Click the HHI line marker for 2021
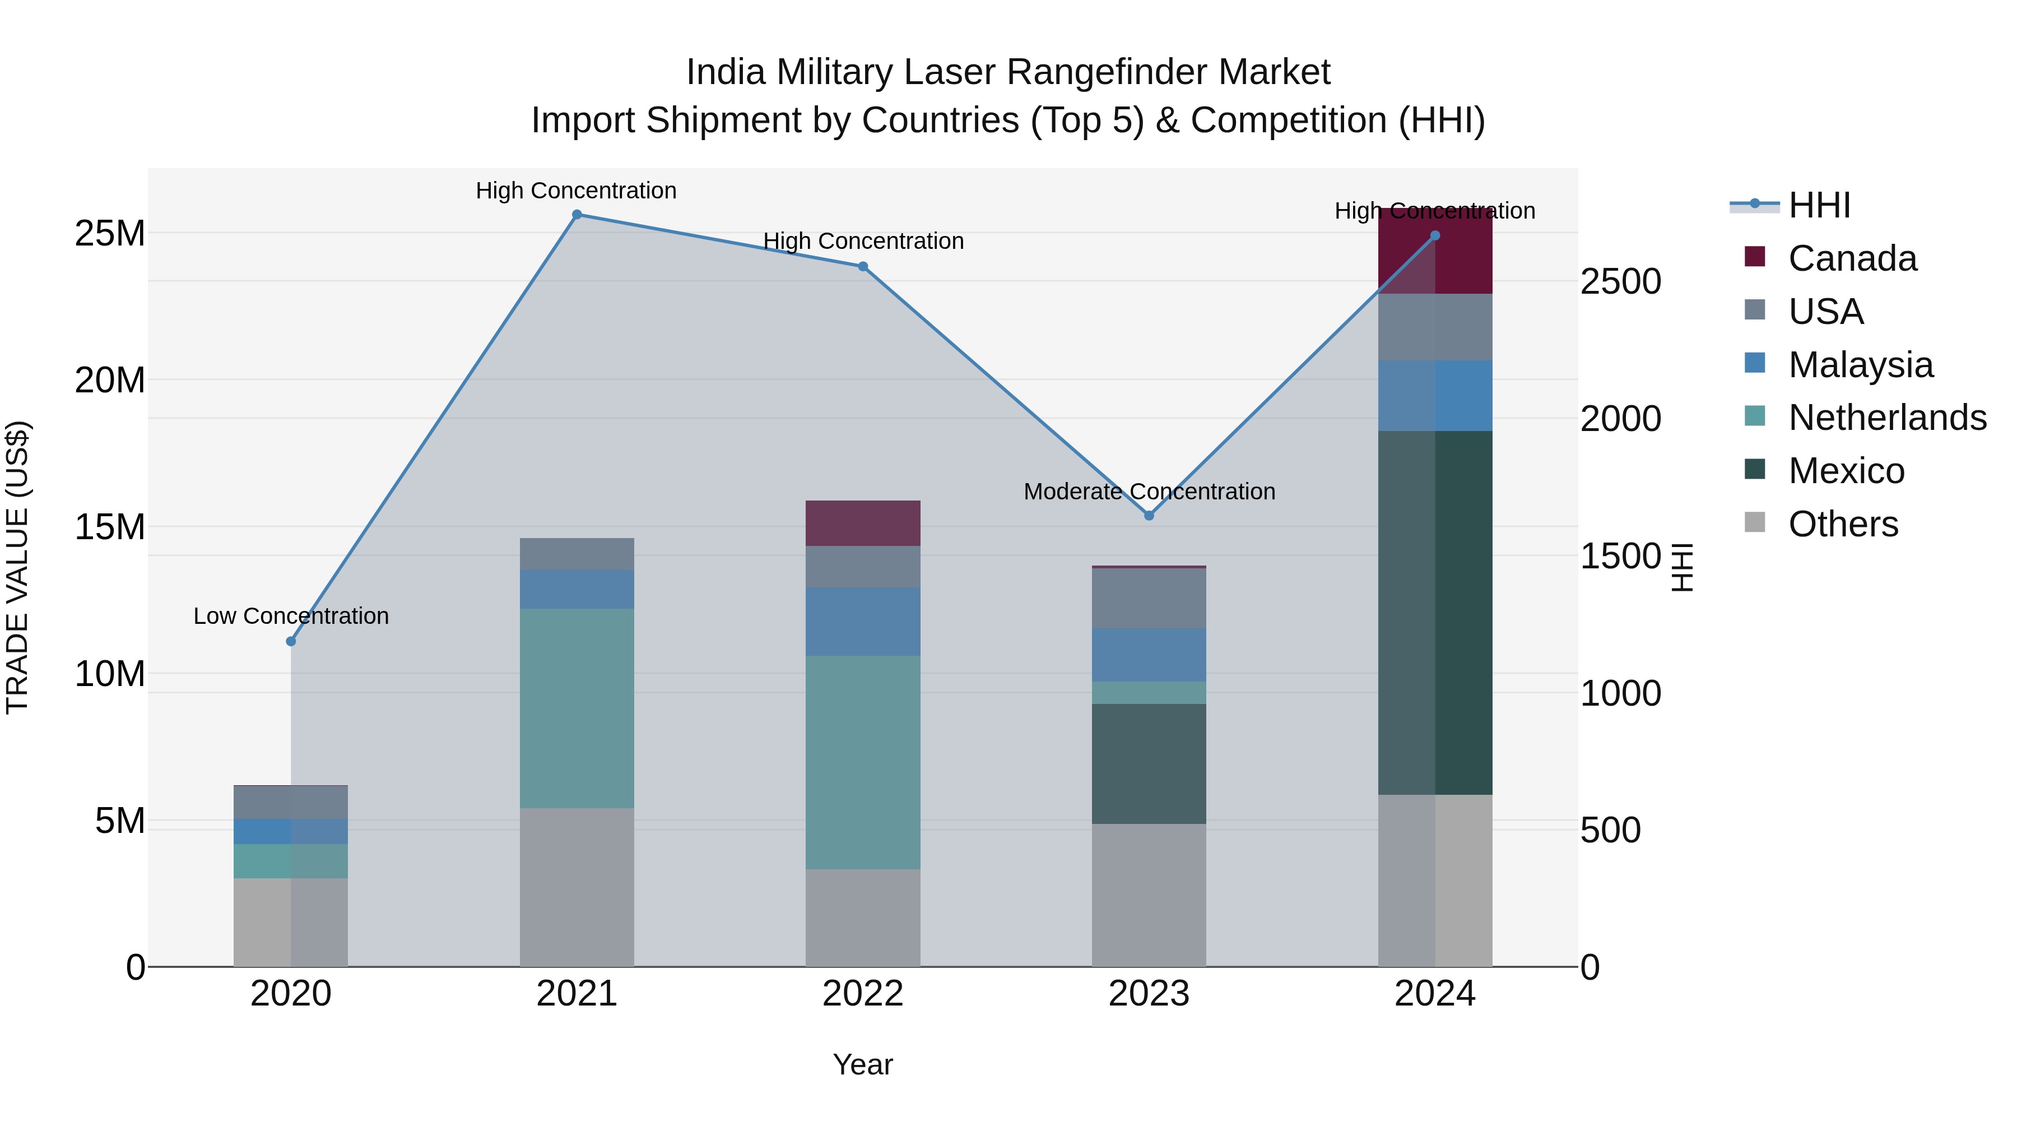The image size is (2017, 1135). pos(577,215)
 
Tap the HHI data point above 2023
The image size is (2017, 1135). pos(1149,516)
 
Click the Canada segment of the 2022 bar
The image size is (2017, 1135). pos(863,524)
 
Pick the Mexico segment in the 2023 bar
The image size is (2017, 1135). pos(1149,764)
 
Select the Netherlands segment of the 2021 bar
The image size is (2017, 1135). pos(577,708)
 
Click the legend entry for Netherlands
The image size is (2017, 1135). pos(1887,418)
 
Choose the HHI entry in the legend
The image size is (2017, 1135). pos(1819,205)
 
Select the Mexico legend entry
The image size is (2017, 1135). pos(1846,471)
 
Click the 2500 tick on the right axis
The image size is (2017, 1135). pos(1620,282)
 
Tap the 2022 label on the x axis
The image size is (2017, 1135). pos(863,994)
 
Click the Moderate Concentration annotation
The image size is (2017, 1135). pos(1149,492)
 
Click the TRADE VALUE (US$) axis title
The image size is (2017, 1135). pos(18,567)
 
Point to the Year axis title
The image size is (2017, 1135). pos(863,1064)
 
